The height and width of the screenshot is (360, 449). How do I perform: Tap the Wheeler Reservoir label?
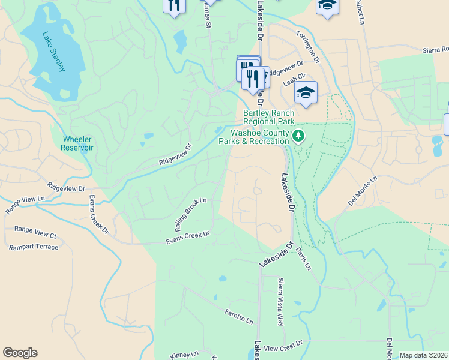[x=77, y=144]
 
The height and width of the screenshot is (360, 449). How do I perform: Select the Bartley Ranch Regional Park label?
[x=268, y=118]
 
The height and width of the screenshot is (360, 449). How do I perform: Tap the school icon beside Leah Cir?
[x=306, y=92]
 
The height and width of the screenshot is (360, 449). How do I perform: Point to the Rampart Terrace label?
[x=34, y=247]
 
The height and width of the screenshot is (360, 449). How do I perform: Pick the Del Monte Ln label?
[x=362, y=191]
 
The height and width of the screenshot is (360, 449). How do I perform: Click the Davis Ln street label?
[x=303, y=260]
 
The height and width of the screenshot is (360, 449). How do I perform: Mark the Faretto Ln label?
[x=239, y=316]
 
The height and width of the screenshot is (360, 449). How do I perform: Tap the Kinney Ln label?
[x=184, y=355]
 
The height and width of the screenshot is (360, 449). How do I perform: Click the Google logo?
[x=20, y=353]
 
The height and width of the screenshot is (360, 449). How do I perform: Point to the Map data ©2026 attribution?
[x=423, y=355]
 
